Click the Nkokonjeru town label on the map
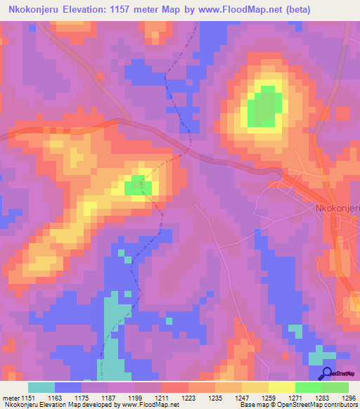(x=336, y=208)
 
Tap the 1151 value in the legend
(x=29, y=397)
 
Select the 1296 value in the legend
(x=349, y=397)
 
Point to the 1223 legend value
(x=189, y=397)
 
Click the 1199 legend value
(x=136, y=397)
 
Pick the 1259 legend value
(x=269, y=397)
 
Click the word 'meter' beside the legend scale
(x=10, y=397)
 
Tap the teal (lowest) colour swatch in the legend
(x=41, y=387)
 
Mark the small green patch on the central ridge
(x=134, y=186)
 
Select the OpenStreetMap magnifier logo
(x=328, y=374)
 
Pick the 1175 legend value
(x=82, y=397)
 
